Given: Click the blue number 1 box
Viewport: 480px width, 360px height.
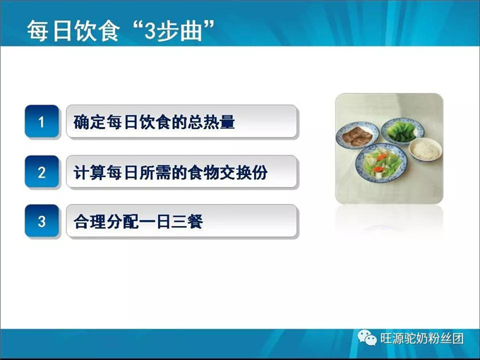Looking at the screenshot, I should [x=42, y=122].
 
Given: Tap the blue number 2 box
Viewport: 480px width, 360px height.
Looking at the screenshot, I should [x=42, y=172].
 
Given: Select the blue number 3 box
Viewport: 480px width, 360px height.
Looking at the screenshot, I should [x=42, y=222].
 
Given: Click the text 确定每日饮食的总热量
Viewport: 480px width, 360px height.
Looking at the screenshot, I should [x=154, y=122].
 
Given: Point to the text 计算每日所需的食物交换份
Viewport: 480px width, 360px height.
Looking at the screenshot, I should [x=171, y=172].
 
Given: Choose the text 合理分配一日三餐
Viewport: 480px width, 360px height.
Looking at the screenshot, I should [x=138, y=222].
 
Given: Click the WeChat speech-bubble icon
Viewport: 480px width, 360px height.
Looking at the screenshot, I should [x=367, y=338].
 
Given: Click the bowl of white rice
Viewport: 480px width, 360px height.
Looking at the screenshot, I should [x=425, y=149].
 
